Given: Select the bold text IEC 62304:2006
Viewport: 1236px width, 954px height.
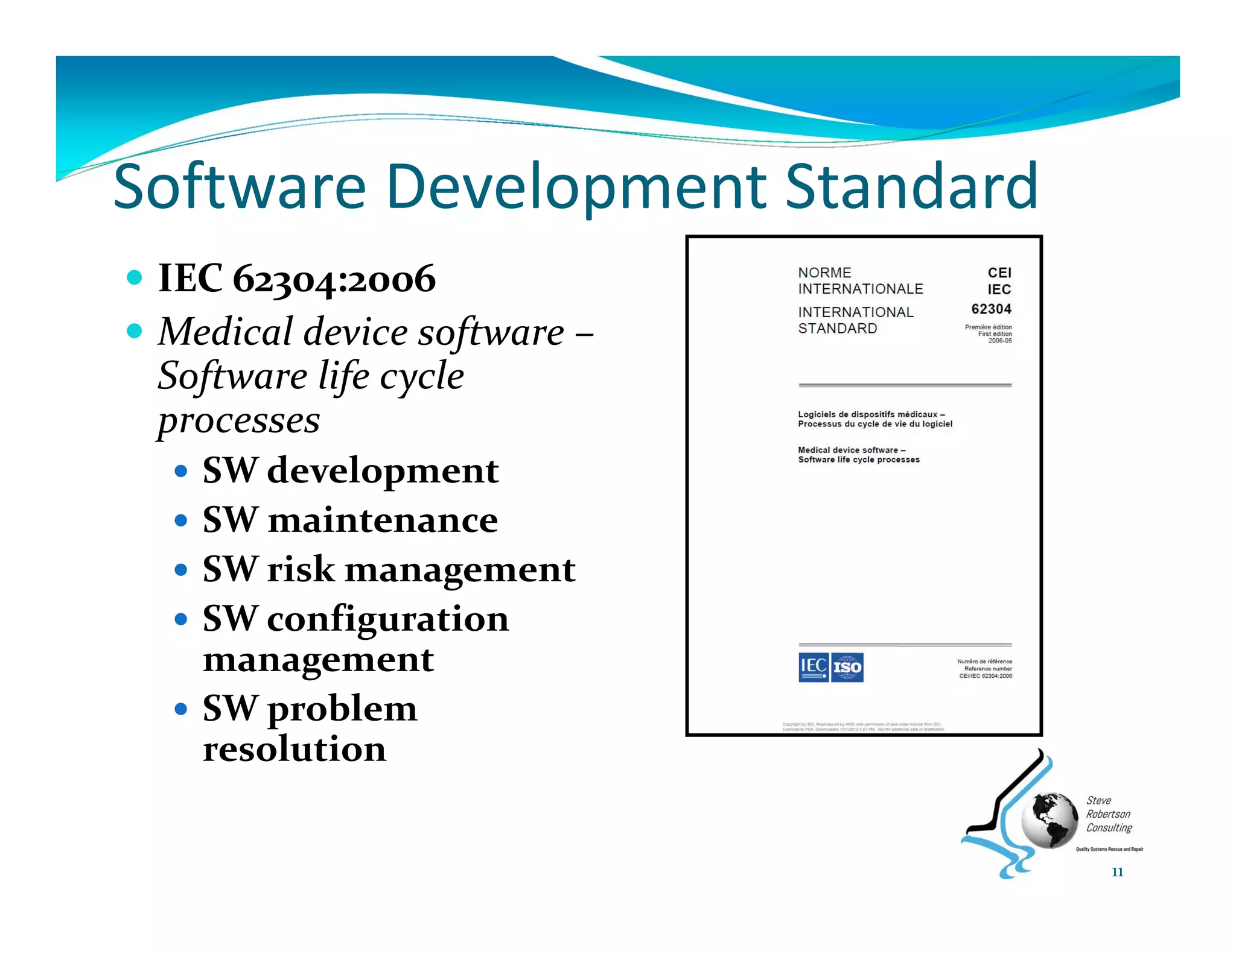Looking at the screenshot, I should [x=296, y=279].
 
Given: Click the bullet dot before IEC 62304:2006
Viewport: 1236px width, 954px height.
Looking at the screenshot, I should [x=135, y=277].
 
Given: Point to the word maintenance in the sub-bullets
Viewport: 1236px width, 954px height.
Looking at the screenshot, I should [x=383, y=520].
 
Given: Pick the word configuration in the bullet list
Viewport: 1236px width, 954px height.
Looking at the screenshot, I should [x=387, y=619].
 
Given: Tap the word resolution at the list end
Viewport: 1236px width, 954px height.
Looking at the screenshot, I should [x=295, y=749].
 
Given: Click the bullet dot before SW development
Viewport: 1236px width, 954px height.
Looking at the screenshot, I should [x=180, y=470].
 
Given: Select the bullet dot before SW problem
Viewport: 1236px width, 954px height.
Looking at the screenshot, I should [x=180, y=709].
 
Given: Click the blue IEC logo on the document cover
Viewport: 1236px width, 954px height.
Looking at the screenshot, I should [x=813, y=667].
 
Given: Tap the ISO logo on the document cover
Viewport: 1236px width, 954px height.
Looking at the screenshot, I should [x=847, y=667].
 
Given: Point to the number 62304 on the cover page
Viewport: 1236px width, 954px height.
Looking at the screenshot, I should [x=991, y=309].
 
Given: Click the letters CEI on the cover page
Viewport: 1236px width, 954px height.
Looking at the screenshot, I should [x=999, y=273].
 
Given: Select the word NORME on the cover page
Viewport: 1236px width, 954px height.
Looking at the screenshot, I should [x=824, y=273].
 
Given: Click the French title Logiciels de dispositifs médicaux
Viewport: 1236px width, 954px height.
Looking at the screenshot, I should [x=871, y=414].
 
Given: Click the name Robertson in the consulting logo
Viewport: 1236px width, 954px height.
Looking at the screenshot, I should [x=1108, y=814].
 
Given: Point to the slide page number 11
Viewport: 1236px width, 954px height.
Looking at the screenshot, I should [x=1117, y=872].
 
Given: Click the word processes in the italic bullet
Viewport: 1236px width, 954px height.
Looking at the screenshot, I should [x=239, y=420].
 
